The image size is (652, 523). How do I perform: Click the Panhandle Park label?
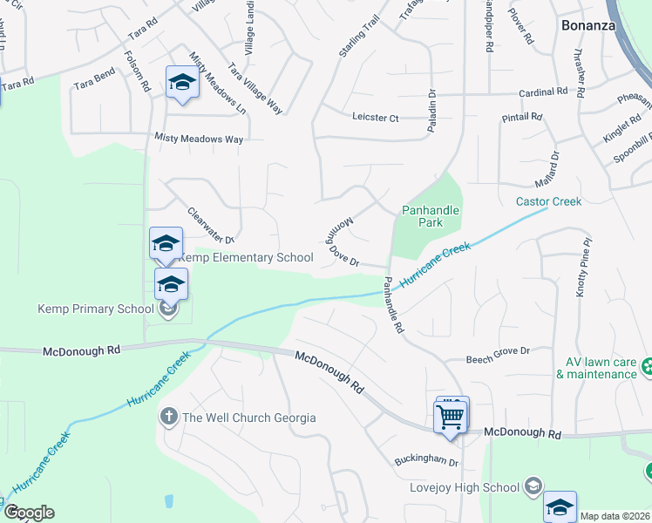430,216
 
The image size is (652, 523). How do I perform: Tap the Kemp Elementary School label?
246,257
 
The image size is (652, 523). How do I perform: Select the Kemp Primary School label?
96,308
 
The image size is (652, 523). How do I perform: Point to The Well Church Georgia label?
248,418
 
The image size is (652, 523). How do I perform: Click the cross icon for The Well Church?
169,418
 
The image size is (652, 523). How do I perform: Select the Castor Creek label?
548,201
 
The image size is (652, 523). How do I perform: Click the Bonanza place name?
589,25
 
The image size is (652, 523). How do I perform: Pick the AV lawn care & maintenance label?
597,368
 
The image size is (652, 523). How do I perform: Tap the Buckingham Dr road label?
424,461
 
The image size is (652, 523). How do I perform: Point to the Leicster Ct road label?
375,117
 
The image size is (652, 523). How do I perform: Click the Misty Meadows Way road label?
198,138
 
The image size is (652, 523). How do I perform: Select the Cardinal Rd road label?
543,92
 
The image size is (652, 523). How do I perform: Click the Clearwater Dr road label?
212,225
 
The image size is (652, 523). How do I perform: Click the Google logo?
29,513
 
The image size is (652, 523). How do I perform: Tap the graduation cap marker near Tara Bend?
182,82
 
